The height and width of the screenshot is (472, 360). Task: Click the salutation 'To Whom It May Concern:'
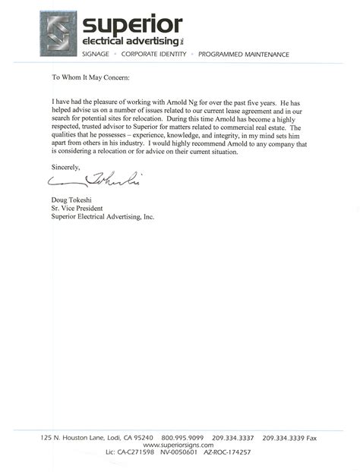point(90,77)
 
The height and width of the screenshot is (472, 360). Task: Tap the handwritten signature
point(95,181)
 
